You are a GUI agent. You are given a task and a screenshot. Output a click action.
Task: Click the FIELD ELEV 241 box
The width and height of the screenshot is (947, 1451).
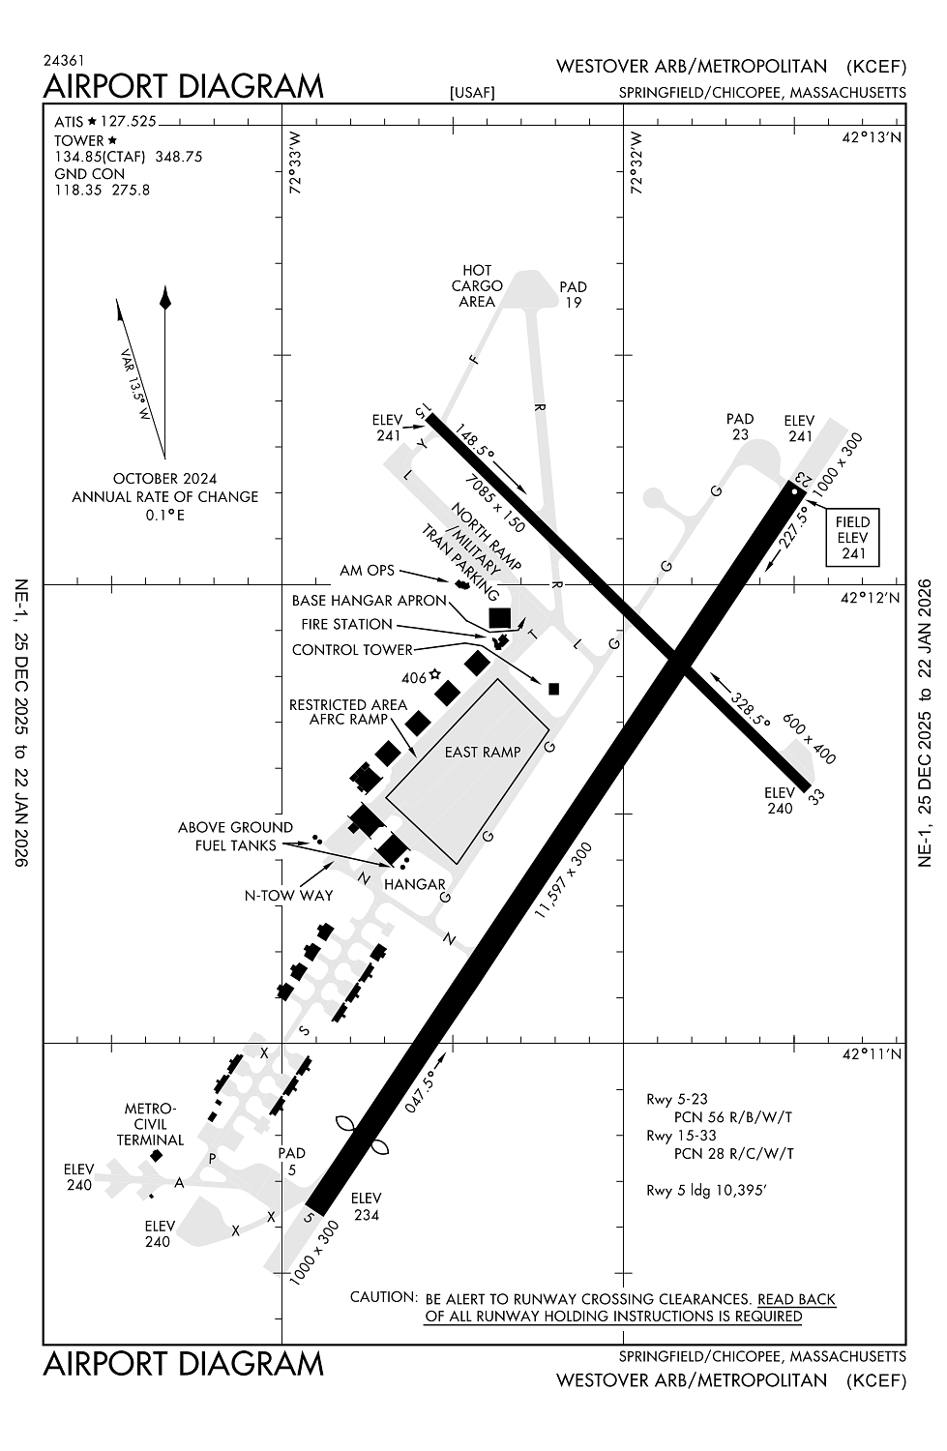852,537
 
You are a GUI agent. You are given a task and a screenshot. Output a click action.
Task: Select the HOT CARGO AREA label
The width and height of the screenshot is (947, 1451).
477,285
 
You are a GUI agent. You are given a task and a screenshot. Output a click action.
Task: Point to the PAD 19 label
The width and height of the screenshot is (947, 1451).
573,294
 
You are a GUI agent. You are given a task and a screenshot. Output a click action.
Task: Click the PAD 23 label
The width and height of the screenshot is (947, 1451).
740,427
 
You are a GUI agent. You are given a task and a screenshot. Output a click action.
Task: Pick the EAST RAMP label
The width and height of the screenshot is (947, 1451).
483,752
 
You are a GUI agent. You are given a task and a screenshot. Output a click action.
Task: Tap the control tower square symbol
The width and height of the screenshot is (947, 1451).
554,689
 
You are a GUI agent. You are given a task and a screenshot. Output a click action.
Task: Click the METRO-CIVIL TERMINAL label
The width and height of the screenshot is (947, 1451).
150,1124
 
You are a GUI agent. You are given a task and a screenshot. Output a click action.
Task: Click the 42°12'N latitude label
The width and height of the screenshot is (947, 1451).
871,598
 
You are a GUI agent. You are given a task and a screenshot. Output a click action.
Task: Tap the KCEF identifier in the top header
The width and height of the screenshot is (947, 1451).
876,67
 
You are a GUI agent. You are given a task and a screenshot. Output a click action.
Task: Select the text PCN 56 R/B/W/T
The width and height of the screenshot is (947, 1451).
732,1116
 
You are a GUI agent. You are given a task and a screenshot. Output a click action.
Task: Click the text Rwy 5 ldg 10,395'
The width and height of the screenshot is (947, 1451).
706,1190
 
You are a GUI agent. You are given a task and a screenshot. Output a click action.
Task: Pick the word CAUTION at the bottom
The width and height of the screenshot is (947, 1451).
383,1297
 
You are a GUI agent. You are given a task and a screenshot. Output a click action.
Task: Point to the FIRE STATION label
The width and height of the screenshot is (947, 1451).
346,624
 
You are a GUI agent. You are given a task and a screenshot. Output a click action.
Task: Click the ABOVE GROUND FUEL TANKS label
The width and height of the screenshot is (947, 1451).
235,836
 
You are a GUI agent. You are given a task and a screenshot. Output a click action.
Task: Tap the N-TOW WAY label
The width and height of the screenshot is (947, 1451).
288,895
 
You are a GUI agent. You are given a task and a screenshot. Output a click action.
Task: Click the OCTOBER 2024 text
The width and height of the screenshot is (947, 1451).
164,478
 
